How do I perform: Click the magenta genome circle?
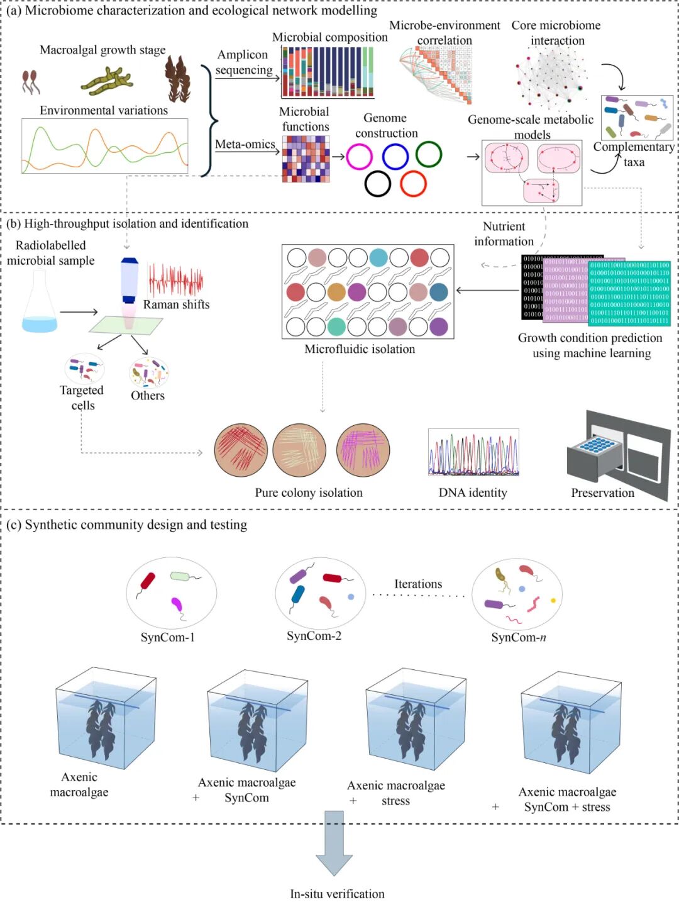(359, 157)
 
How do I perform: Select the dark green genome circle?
(429, 154)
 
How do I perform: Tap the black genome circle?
(378, 184)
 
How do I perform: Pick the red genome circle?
(414, 184)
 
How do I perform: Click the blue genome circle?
(395, 157)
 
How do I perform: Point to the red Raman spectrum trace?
(175, 280)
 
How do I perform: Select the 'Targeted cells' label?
(82, 398)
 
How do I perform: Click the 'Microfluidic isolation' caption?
(360, 349)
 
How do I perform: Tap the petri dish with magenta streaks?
(363, 450)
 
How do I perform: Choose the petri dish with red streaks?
(241, 450)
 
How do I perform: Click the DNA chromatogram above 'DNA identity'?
(473, 452)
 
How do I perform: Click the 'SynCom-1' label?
(168, 637)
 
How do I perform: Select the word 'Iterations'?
(418, 584)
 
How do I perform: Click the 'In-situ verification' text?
(337, 894)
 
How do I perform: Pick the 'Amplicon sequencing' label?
(244, 62)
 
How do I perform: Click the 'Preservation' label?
(602, 493)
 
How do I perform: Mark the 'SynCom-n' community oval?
(517, 594)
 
